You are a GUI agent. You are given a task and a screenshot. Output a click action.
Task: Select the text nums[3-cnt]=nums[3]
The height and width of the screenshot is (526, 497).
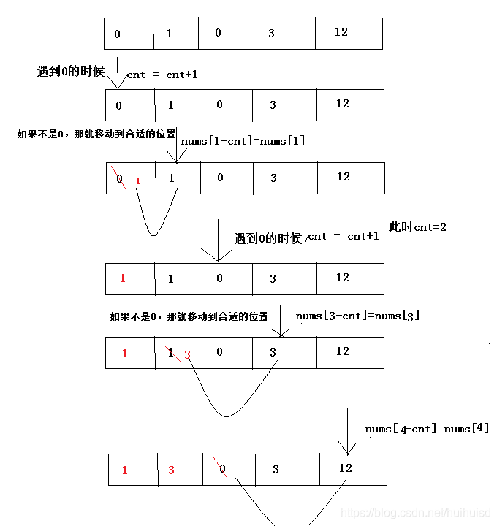[x=357, y=316]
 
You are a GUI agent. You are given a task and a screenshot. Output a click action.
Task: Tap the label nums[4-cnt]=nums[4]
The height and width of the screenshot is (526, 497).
[x=427, y=428]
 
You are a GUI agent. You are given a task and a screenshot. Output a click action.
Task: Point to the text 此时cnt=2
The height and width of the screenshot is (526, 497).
[x=417, y=227]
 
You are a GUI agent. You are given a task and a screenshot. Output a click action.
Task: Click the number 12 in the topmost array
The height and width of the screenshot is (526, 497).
[x=341, y=32]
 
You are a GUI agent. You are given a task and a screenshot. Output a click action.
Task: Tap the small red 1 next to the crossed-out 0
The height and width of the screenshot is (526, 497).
[x=137, y=180]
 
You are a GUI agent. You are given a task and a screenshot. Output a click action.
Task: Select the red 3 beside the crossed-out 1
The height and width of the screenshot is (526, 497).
[x=187, y=355]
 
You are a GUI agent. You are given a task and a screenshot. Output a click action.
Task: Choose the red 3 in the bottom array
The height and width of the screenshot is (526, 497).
[x=171, y=470]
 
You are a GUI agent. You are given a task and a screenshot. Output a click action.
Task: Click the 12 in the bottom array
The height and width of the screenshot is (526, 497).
[x=345, y=468]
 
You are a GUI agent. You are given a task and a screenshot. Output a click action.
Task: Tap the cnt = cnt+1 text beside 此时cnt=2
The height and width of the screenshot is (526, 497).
[x=344, y=236]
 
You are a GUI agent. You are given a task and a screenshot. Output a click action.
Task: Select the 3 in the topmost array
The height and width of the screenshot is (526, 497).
[x=271, y=34]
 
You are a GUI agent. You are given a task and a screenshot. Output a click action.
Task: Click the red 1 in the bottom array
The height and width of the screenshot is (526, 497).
[x=124, y=470]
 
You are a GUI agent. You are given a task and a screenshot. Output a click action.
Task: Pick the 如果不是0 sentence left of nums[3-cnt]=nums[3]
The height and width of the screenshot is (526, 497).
[x=189, y=316]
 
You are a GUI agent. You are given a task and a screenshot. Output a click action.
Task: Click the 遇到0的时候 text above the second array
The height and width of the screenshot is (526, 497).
[x=70, y=72]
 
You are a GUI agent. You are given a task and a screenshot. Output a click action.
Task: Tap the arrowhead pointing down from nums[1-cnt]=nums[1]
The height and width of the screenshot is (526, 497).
[x=175, y=158]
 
